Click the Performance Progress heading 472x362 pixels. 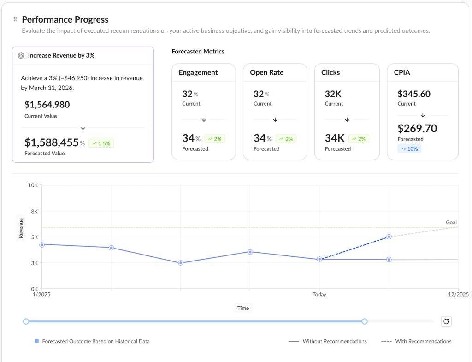tap(65, 19)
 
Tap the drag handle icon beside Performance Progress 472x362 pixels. tap(15, 19)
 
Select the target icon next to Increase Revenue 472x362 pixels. tap(21, 55)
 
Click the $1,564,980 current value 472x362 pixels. tap(47, 105)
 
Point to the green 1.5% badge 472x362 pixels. tap(101, 143)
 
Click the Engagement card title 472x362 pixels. tap(198, 72)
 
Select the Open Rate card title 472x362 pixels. tap(266, 72)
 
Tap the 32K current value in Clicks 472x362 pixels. tap(333, 94)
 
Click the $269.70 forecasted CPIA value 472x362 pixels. tap(417, 128)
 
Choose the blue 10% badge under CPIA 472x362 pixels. tap(409, 148)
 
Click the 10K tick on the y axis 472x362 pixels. tap(33, 185)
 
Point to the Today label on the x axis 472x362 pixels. tap(319, 294)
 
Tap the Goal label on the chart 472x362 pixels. tap(451, 222)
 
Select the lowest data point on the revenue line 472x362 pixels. tap(181, 263)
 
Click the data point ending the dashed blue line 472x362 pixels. tap(389, 237)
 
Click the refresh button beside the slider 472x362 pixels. tap(446, 321)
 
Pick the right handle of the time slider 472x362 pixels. tap(365, 321)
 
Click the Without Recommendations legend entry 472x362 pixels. tap(328, 341)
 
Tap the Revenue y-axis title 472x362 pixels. tap(21, 228)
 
